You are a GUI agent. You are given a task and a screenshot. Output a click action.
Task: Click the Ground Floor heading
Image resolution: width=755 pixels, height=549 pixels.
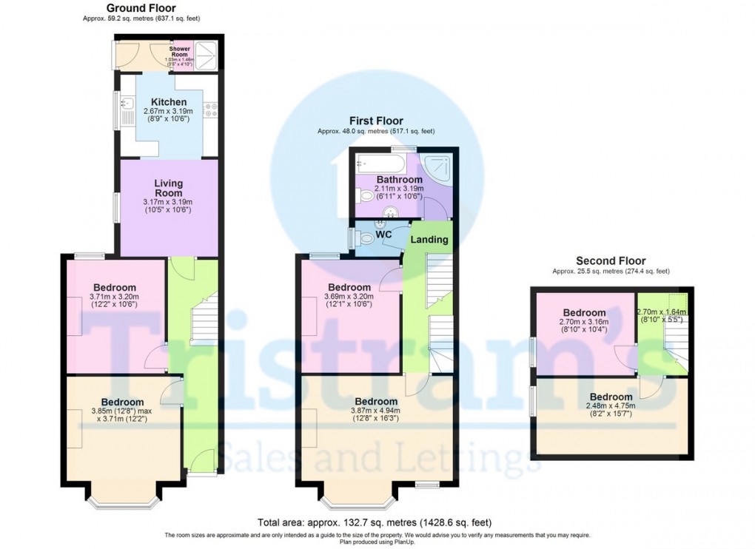coord(141,7)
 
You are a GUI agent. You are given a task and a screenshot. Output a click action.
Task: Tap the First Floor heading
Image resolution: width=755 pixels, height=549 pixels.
coord(377,121)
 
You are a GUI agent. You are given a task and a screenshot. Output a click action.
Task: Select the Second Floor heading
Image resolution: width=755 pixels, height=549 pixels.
coord(611,260)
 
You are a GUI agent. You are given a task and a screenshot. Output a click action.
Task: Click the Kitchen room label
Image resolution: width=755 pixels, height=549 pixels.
coord(169,102)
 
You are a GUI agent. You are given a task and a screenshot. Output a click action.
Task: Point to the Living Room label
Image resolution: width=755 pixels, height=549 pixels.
coord(169,188)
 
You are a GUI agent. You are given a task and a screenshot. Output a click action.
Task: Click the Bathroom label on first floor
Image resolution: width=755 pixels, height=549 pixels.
coord(399,179)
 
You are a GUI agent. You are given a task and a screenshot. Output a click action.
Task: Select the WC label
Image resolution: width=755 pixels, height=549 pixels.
coord(383,235)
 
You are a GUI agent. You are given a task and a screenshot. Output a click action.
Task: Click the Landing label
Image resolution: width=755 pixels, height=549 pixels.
coord(429,240)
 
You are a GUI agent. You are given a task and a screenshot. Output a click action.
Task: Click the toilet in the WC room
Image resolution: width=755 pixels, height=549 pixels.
coord(364,236)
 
